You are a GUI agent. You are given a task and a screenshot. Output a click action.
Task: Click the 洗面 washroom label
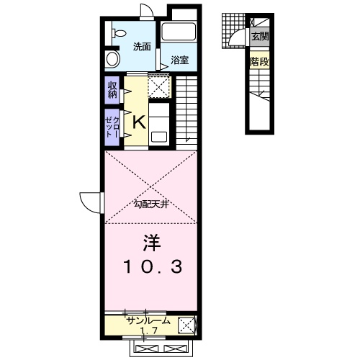coord(142,47)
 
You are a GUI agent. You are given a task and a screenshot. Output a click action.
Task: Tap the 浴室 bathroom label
coord(179,60)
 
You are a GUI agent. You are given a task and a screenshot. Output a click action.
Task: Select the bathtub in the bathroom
coord(179,32)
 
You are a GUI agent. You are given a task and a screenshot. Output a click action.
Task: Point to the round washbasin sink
coord(112,59)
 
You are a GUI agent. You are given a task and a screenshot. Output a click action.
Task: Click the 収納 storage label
coord(112,90)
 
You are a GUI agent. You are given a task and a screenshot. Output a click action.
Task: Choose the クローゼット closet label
coord(112,127)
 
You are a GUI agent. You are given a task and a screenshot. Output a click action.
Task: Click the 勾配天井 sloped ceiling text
coord(151,204)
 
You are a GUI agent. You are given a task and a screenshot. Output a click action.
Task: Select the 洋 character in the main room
coord(152,243)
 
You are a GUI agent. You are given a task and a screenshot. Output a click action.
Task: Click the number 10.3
coord(153,267)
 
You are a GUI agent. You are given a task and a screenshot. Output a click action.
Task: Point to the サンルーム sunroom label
coord(149,321)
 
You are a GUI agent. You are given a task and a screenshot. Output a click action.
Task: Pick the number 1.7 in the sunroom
coord(149,330)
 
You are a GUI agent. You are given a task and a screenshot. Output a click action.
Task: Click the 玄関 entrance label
coord(260,37)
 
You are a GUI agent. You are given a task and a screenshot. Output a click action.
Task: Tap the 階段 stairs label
coord(259,62)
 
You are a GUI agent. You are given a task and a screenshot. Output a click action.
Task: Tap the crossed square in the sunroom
coord(186,325)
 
